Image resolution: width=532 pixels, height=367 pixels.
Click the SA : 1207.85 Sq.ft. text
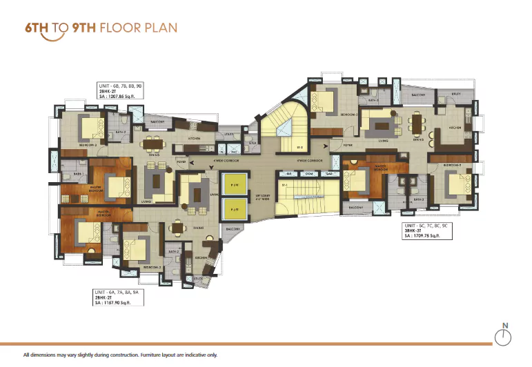click(x=121, y=97)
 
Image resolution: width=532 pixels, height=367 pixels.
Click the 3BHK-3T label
click(x=415, y=230)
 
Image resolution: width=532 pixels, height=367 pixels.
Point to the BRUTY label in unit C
click(x=456, y=94)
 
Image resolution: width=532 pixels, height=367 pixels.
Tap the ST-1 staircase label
click(x=284, y=185)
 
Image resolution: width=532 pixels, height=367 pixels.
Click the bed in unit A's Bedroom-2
click(x=134, y=246)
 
